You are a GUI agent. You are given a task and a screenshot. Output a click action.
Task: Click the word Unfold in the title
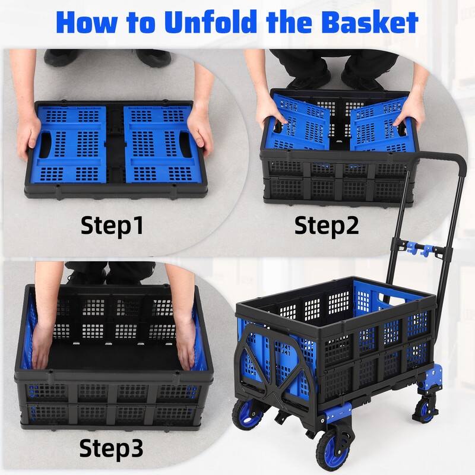(x=211, y=22)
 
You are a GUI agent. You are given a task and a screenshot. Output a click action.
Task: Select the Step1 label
(x=112, y=226)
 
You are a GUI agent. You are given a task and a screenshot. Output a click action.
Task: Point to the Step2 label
(x=327, y=226)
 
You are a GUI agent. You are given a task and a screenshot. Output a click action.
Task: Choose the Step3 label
(x=111, y=448)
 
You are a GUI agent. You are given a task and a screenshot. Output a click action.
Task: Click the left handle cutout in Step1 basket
(x=46, y=145)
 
